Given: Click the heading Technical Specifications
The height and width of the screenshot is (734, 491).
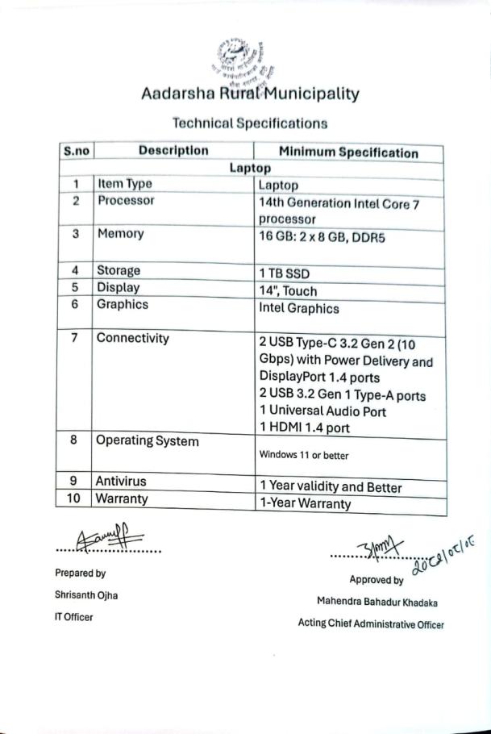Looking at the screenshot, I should coord(250,123).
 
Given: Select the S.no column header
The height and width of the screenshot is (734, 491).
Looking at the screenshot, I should coord(77,151).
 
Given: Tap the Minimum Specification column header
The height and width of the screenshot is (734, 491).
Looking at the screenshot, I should coord(348,152).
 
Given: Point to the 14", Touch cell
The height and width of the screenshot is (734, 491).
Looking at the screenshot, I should coord(288,291).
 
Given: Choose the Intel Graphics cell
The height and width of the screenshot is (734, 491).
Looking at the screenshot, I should coord(298,308).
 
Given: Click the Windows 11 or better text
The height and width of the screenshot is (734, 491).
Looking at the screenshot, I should coord(303,455).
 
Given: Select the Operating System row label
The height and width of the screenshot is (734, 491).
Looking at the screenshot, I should coord(147,441).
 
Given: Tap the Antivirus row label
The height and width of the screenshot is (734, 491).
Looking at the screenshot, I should coord(121,482).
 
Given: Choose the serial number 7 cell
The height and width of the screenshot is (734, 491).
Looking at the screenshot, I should coord(75,339).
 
